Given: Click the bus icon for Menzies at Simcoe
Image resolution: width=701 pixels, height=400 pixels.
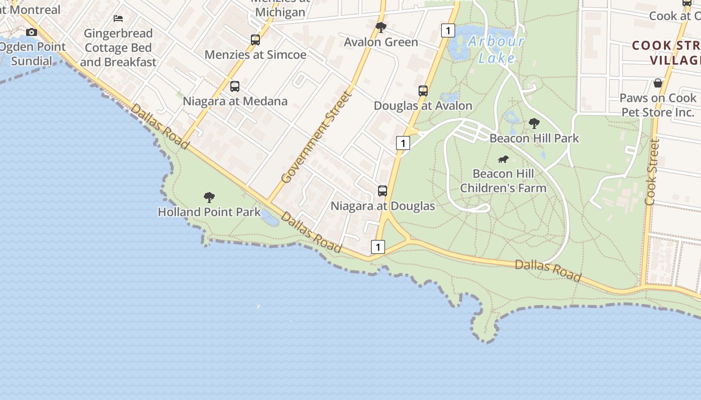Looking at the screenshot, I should pos(255,40).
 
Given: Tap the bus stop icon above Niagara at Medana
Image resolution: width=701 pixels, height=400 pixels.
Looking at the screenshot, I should pos(235,86).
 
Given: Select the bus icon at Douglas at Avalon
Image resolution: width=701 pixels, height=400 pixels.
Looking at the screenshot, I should pos(423,91).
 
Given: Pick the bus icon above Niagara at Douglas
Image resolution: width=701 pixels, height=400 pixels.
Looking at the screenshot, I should pos(383,191).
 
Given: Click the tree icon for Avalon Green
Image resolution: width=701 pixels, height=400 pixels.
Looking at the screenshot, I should pos(381,27).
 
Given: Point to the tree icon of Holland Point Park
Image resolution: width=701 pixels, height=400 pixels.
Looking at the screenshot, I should pos(209,197).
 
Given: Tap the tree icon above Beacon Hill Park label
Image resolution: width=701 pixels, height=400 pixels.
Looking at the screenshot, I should pos(534,123).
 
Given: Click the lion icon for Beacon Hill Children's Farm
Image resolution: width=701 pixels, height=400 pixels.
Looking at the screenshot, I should pos(503,159).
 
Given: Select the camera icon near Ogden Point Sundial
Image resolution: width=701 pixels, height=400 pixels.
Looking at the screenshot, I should pos(32,32).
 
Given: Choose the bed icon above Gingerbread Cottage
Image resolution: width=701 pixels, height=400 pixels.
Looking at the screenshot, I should pos(118,18).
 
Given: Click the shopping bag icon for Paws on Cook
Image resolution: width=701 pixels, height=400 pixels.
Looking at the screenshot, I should pos(658,83).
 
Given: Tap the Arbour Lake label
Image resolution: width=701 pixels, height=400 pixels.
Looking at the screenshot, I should pos(496,49).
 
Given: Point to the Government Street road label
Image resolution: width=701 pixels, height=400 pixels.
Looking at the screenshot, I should pos(316,137).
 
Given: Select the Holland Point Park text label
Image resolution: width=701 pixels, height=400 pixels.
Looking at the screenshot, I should pos(209,212).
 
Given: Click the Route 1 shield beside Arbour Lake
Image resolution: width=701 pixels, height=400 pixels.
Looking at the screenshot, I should pos(448,30).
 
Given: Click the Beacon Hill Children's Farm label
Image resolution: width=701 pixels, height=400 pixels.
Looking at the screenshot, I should pos(503,181).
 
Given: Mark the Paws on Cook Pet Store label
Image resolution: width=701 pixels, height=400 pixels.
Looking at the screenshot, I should pos(658,105).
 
